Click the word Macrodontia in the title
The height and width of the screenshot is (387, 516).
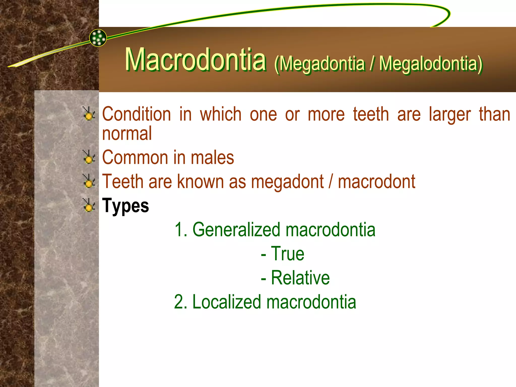[x=196, y=60]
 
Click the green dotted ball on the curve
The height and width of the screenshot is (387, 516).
[x=98, y=38]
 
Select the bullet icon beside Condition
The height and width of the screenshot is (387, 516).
[x=89, y=114]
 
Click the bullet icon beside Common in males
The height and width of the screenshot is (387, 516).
[x=89, y=157]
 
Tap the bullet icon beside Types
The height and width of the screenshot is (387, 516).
[x=89, y=205]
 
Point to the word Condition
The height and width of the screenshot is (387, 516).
[x=136, y=114]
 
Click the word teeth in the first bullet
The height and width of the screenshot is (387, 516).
[x=371, y=114]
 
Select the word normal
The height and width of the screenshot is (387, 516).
[x=127, y=134]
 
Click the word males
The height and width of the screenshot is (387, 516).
[x=212, y=157]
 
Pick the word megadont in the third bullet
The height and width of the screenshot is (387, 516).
[x=287, y=181]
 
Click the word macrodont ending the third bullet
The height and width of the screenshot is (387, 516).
[x=376, y=181]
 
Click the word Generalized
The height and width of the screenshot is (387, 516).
[x=236, y=230]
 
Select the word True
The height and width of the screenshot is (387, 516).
[x=287, y=254]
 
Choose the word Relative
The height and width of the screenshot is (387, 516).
[x=300, y=278]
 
